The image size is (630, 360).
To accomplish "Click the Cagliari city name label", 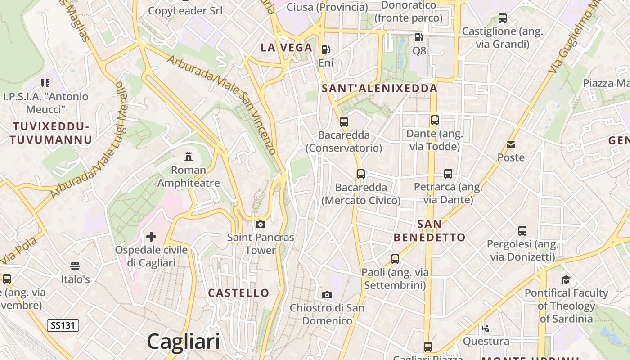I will pyautogui.click(x=183, y=341).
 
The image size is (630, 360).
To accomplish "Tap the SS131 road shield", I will pyautogui.click(x=63, y=325).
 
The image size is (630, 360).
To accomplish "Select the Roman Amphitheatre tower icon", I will pyautogui.click(x=189, y=157).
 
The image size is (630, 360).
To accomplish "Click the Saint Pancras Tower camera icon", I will pyautogui.click(x=261, y=224).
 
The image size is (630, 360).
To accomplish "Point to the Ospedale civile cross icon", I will pyautogui.click(x=151, y=236).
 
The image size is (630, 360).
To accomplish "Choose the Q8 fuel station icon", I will pyautogui.click(x=419, y=37).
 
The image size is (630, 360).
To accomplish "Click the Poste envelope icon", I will pyautogui.click(x=511, y=145).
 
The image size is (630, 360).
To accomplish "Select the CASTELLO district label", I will pyautogui.click(x=238, y=293).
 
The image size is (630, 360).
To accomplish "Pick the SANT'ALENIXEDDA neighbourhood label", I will pyautogui.click(x=380, y=88).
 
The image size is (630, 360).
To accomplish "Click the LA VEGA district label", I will pyautogui.click(x=287, y=48).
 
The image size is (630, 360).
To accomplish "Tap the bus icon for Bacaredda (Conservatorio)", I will pyautogui.click(x=344, y=121).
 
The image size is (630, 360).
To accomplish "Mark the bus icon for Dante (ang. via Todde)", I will pyautogui.click(x=434, y=120).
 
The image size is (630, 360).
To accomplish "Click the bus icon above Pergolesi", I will pyautogui.click(x=522, y=231).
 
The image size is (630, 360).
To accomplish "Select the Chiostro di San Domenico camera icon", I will pyautogui.click(x=327, y=295).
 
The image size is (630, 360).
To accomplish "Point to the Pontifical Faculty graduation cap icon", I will pyautogui.click(x=566, y=280).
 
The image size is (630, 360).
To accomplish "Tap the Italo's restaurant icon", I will pyautogui.click(x=75, y=266).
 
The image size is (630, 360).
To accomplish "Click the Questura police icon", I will pyautogui.click(x=486, y=328).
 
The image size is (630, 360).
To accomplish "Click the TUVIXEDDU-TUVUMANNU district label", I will pyautogui.click(x=51, y=133).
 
